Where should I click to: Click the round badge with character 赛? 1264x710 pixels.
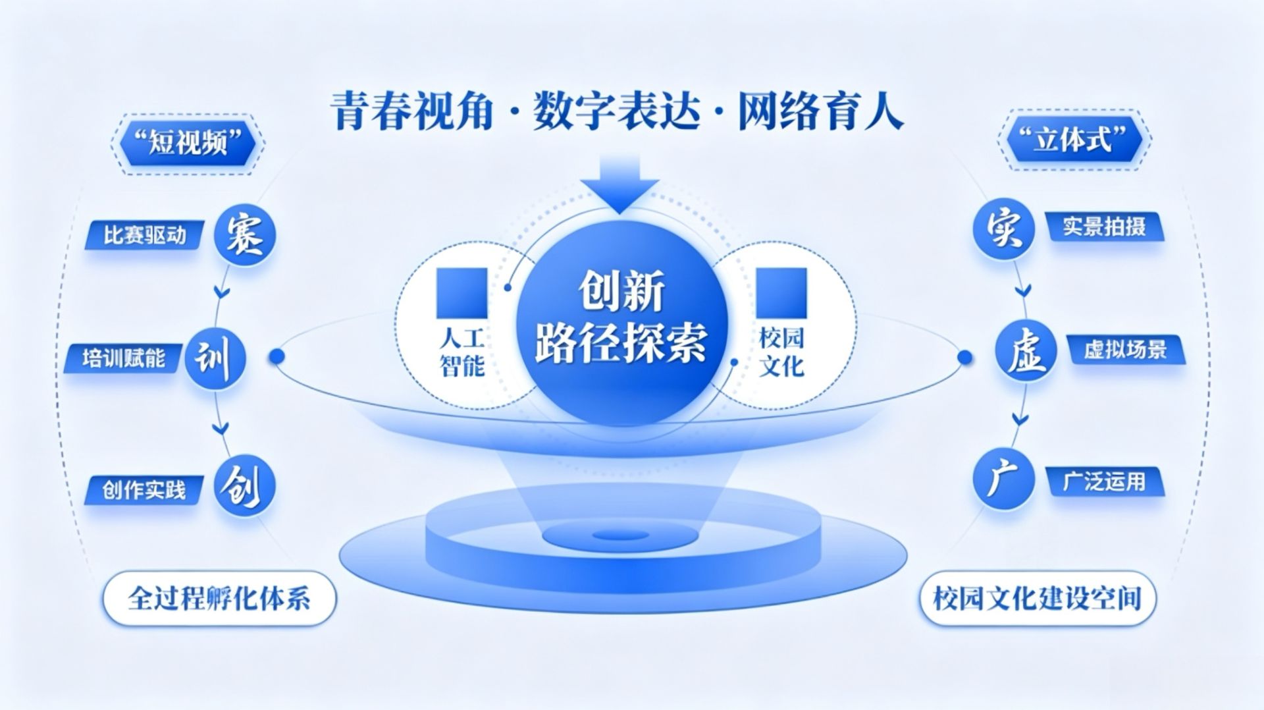245,234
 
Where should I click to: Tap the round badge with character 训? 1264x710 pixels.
215,359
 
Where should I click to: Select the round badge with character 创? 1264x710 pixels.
245,488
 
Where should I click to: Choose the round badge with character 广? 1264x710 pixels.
1003,479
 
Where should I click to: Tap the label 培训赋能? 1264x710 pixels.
123,359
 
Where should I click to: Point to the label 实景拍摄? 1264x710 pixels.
1105,227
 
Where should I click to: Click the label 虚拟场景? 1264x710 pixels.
1125,350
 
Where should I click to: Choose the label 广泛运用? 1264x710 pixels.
1104,482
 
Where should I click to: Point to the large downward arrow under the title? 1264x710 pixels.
619,184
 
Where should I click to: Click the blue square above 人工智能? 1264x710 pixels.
462,292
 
